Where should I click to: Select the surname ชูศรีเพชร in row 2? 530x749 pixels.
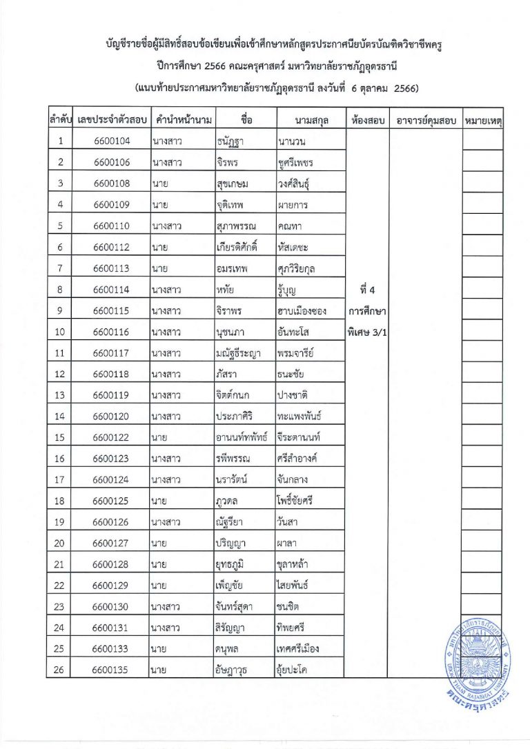(x=295, y=163)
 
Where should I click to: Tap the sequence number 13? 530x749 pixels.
(x=61, y=395)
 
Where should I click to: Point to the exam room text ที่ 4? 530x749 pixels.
(x=368, y=289)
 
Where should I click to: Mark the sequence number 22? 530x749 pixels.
(x=61, y=585)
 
